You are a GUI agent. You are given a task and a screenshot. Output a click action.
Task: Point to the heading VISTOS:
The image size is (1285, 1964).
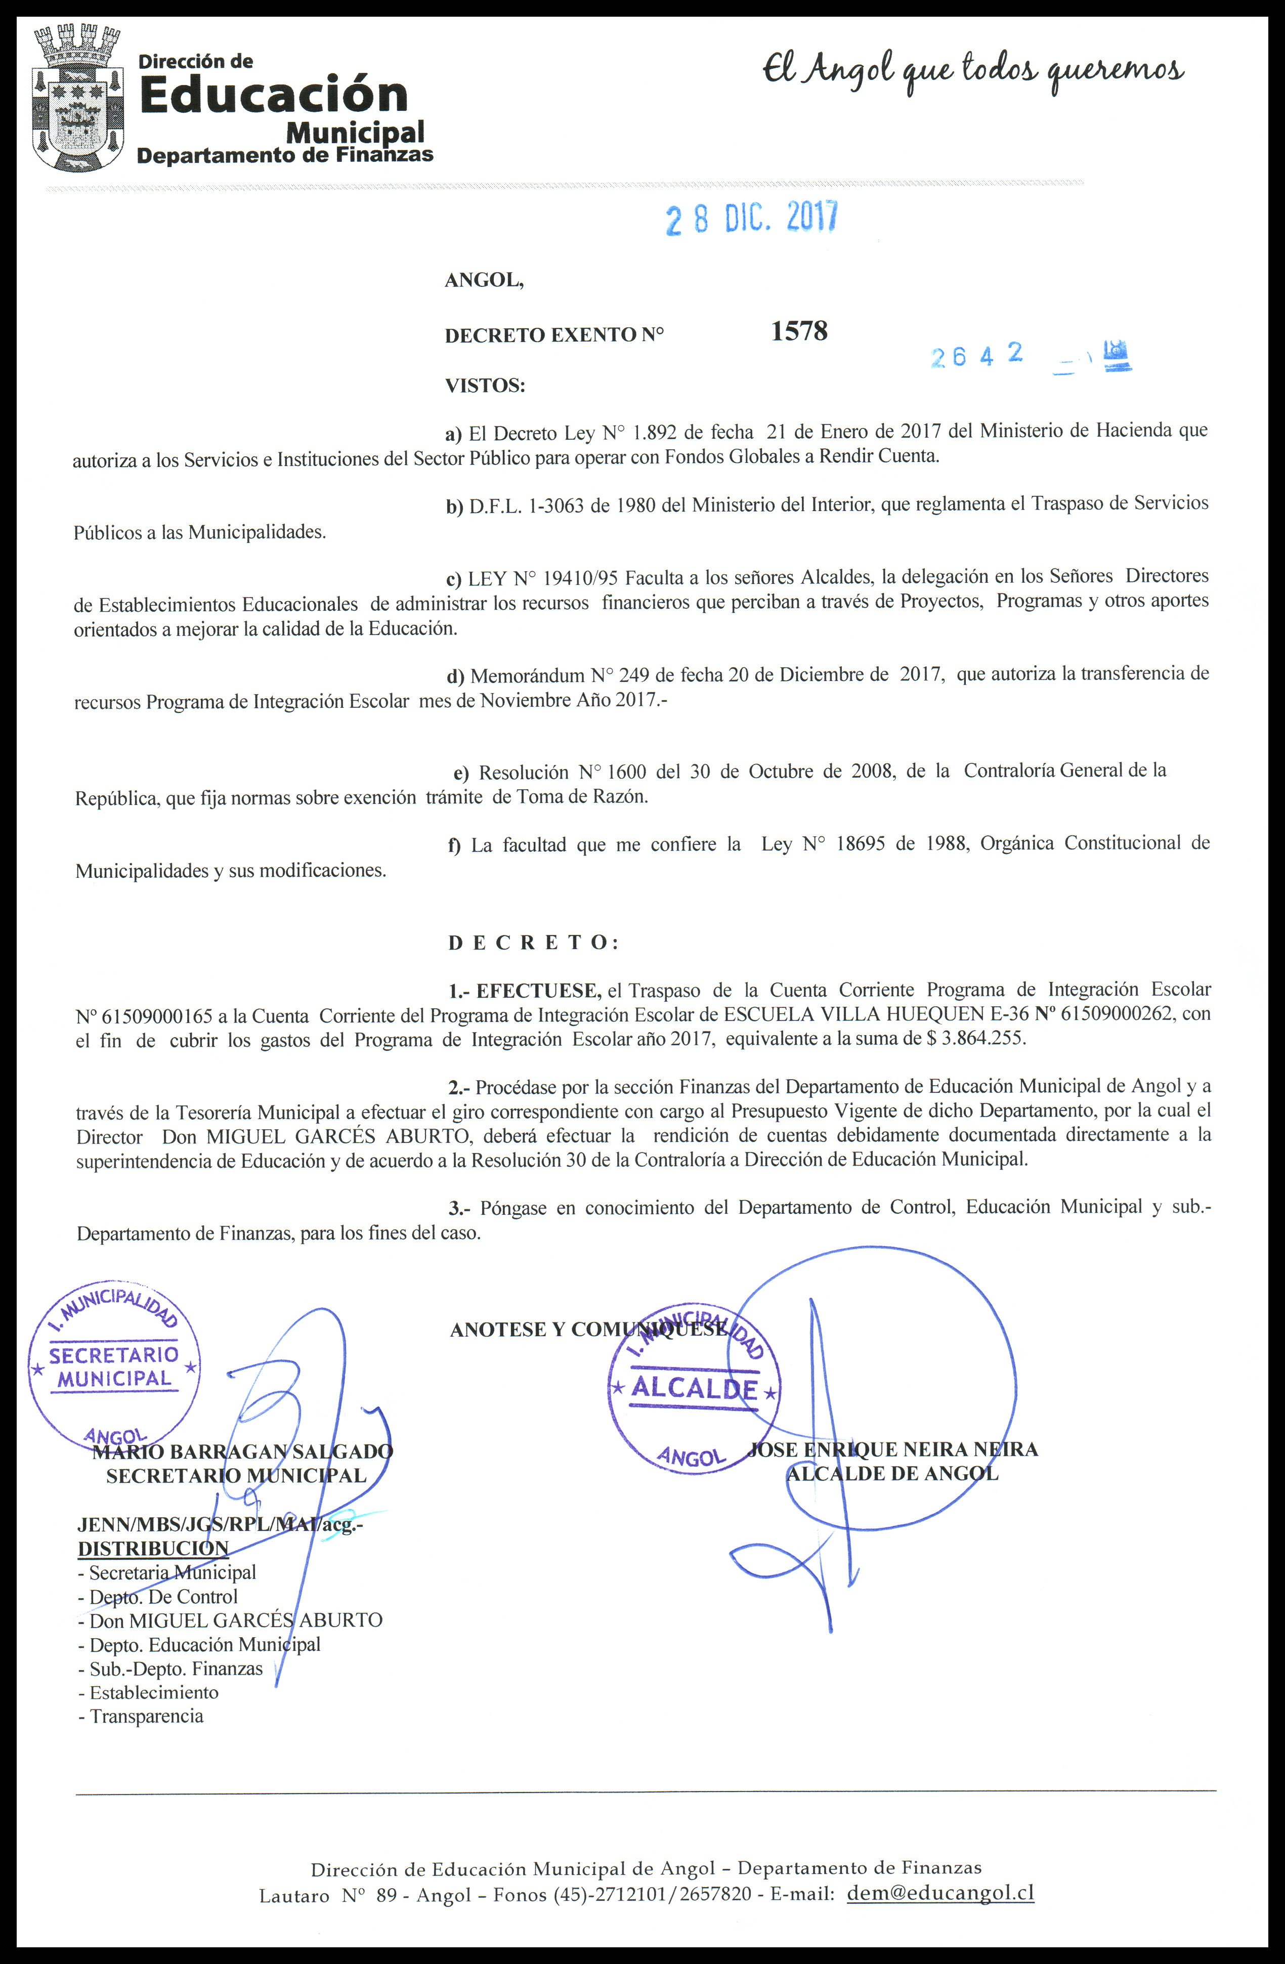[x=485, y=386]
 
